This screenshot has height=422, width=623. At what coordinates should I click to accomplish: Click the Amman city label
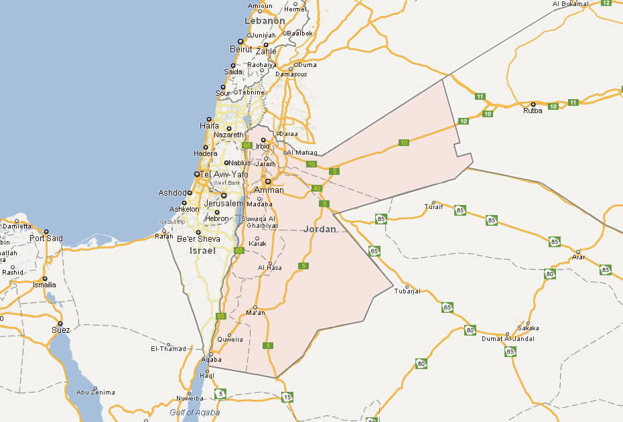click(x=269, y=190)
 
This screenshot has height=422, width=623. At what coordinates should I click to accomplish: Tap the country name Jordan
click(x=320, y=229)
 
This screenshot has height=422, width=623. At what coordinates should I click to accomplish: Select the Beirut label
click(x=241, y=49)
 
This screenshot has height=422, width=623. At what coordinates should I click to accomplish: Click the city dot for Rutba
click(x=533, y=104)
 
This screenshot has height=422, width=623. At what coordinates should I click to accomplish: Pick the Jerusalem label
click(x=224, y=203)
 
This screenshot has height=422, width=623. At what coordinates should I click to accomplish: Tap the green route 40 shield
click(x=316, y=188)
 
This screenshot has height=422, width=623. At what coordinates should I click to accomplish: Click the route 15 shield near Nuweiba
click(x=287, y=397)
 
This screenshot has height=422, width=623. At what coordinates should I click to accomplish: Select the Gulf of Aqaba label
click(x=194, y=413)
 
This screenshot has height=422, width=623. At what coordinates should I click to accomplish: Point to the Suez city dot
click(x=60, y=324)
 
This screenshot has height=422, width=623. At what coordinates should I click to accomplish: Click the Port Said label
click(x=46, y=238)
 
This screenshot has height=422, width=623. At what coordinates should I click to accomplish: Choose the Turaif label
click(x=434, y=206)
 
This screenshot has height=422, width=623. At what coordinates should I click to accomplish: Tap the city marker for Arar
click(x=578, y=252)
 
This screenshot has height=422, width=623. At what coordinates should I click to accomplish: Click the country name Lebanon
click(x=265, y=21)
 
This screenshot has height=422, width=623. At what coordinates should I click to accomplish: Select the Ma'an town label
click(x=256, y=313)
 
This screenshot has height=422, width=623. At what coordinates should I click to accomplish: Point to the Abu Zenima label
click(x=96, y=393)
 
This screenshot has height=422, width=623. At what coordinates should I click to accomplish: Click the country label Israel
click(x=202, y=251)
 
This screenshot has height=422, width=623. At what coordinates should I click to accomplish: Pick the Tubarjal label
click(x=407, y=291)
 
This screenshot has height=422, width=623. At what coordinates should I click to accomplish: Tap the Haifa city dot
click(x=210, y=119)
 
